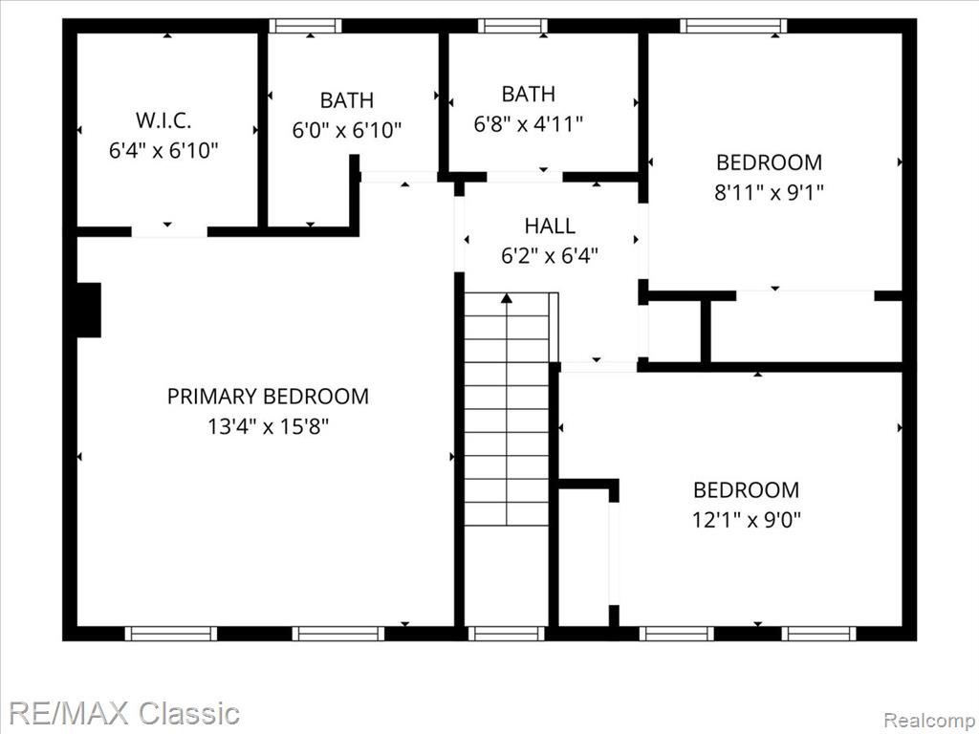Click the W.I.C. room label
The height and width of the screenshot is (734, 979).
pos(163,119)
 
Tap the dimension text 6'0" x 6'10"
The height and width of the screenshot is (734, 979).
pos(346,130)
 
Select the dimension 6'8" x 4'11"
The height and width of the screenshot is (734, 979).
pos(528,124)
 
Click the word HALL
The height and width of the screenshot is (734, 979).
pos(550,226)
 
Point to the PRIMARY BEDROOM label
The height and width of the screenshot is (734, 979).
pos(268,397)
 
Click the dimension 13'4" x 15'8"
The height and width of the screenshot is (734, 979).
pos(268,427)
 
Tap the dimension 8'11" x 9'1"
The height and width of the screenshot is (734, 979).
pos(770,192)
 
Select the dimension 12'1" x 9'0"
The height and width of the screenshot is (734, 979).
pos(746,519)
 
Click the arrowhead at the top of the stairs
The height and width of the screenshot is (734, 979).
pos(507,298)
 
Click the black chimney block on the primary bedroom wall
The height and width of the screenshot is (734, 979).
pos(89,311)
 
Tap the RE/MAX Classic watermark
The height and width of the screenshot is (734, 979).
pos(124,713)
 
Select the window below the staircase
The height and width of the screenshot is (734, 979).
pos(507,634)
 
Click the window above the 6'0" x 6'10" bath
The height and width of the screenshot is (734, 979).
pos(305,26)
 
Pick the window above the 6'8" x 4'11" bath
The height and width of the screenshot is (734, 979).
pos(512,26)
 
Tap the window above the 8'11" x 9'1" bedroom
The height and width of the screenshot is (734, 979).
pos(733,26)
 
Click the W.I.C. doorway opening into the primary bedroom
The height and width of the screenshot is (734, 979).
pos(169,231)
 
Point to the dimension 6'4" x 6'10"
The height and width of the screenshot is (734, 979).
pos(163,150)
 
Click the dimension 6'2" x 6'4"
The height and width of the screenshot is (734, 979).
pos(550,255)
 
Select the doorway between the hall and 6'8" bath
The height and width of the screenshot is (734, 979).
pos(525,177)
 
